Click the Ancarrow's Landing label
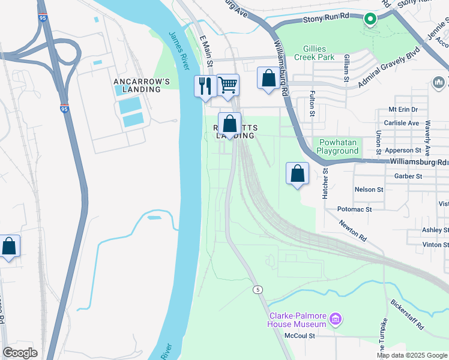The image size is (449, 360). tap(137, 85)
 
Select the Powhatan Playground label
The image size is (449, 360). tap(339, 146)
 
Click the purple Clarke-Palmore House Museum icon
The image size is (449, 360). tap(336, 318)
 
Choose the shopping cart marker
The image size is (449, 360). tap(228, 85)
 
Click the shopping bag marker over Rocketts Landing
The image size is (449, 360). tap(229, 124)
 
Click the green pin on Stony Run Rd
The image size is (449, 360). tap(370, 20)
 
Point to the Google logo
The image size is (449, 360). tap(20, 353)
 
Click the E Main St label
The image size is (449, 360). tap(206, 50)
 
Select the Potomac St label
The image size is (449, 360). tap(355, 209)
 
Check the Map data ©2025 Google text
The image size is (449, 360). tap(411, 355)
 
